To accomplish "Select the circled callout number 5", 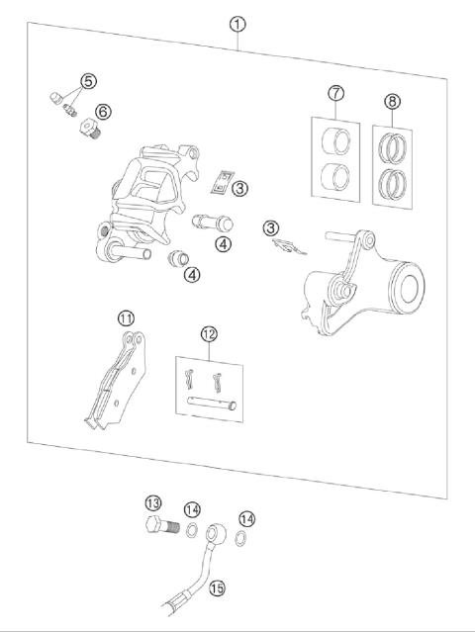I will [89, 80].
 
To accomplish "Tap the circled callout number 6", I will [101, 112].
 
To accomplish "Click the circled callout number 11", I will [126, 317].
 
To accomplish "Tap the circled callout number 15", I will [217, 587].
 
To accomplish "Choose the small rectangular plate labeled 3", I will [224, 182].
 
